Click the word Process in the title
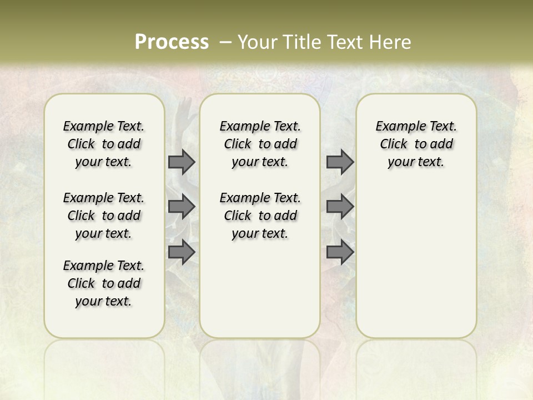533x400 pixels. (172, 42)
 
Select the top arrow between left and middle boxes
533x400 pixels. (182, 162)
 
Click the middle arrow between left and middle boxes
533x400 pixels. (182, 207)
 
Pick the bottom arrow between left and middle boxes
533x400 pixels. (182, 252)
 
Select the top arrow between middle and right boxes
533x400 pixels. (340, 162)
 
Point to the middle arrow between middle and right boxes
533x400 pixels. (340, 207)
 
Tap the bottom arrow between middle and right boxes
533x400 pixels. (340, 252)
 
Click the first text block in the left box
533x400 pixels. (104, 144)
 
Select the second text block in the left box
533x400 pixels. (104, 216)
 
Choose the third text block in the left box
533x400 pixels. (104, 283)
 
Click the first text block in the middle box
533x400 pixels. (260, 144)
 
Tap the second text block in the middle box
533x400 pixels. (260, 216)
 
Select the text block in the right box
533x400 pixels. (416, 144)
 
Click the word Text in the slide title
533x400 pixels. (344, 42)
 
